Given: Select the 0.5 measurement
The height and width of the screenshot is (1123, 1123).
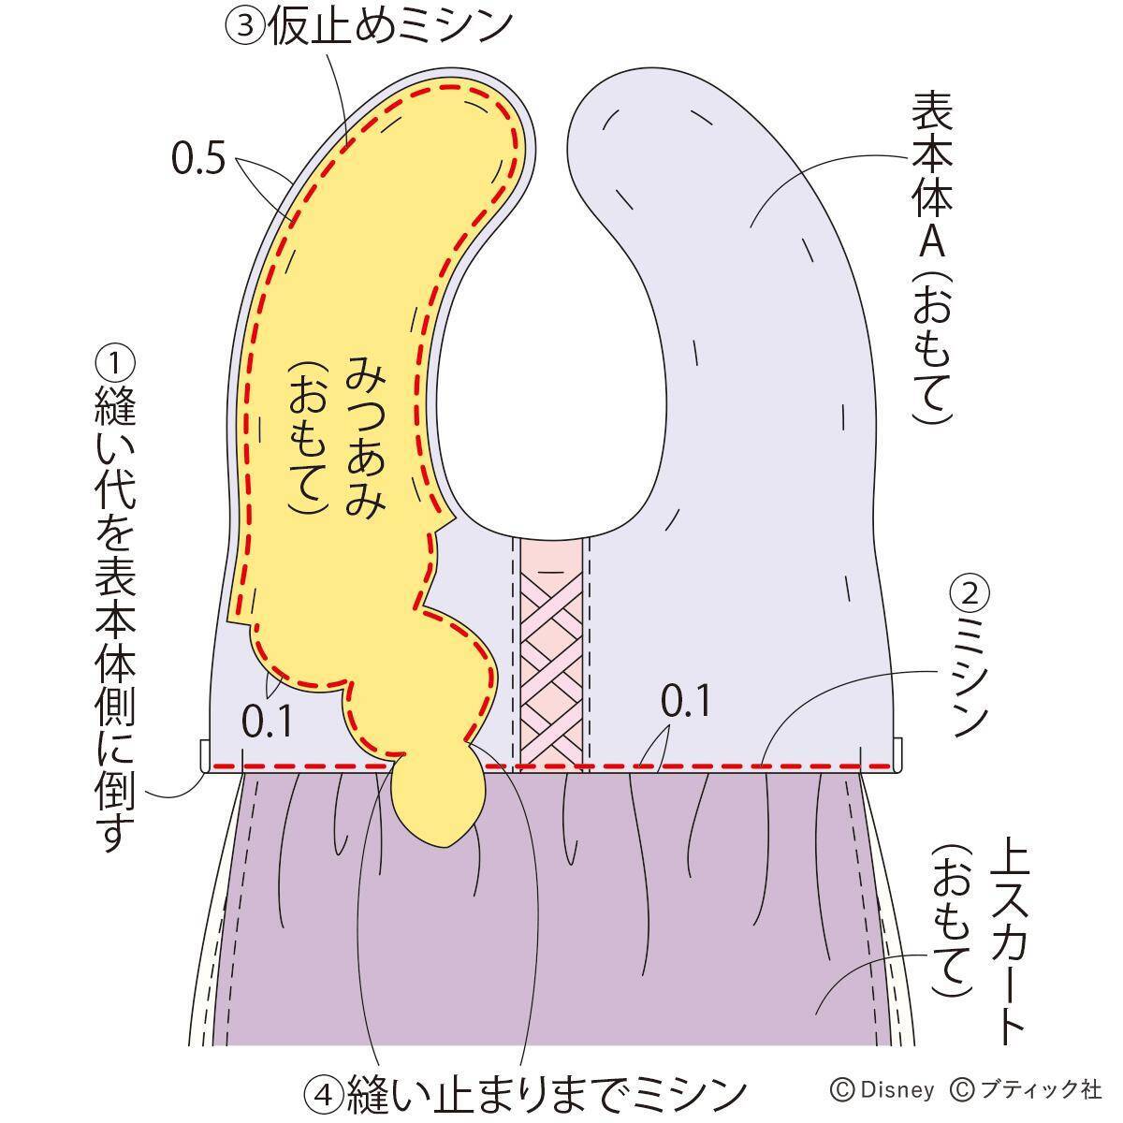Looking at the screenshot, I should pyautogui.click(x=197, y=160).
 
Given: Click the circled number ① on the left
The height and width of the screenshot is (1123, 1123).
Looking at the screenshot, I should pyautogui.click(x=115, y=364).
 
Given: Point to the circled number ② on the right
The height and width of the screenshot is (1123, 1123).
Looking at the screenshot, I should pyautogui.click(x=970, y=591).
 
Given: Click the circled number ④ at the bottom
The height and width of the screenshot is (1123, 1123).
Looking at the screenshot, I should pyautogui.click(x=324, y=1091).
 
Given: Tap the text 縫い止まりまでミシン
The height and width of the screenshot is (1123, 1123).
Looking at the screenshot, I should pyautogui.click(x=547, y=1091).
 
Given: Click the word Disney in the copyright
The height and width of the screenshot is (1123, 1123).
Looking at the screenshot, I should pyautogui.click(x=897, y=1089).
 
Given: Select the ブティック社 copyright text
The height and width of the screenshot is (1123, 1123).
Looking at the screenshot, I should pyautogui.click(x=1037, y=1089).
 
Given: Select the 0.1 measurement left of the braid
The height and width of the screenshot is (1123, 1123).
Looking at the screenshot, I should pyautogui.click(x=267, y=721).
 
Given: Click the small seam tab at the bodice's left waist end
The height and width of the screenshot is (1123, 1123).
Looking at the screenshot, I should pyautogui.click(x=205, y=754).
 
